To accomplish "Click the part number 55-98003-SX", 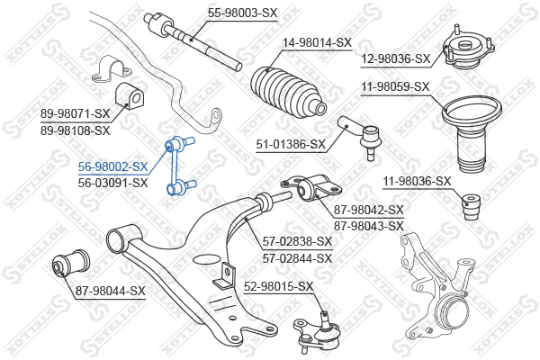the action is click(x=242, y=13).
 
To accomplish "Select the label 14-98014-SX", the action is click(x=317, y=42).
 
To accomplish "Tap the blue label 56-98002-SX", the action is click(x=112, y=166).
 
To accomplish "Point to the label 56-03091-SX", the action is click(x=112, y=183).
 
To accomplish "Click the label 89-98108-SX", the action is click(x=75, y=130).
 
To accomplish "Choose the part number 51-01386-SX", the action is click(x=291, y=144).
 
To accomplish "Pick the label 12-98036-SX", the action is click(x=396, y=58).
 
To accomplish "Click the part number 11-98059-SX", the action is click(x=395, y=86).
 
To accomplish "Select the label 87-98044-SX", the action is click(x=110, y=291).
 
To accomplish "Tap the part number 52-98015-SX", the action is click(x=279, y=286).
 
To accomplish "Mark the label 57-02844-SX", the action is click(x=297, y=258).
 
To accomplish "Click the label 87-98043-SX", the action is click(x=368, y=226).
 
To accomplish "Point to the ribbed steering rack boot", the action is click(x=287, y=92).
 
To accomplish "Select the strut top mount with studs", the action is click(x=468, y=48).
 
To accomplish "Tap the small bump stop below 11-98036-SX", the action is click(x=471, y=207).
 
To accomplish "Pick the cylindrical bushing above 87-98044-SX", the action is click(x=71, y=263).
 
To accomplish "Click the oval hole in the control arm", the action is click(x=206, y=259).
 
